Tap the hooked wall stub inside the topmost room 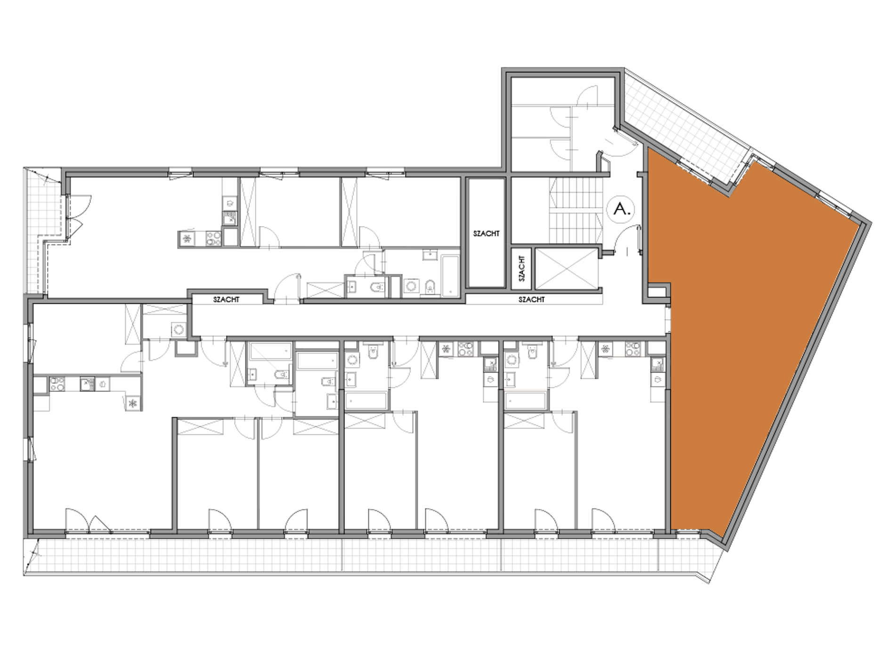599,160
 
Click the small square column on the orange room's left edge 658,292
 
